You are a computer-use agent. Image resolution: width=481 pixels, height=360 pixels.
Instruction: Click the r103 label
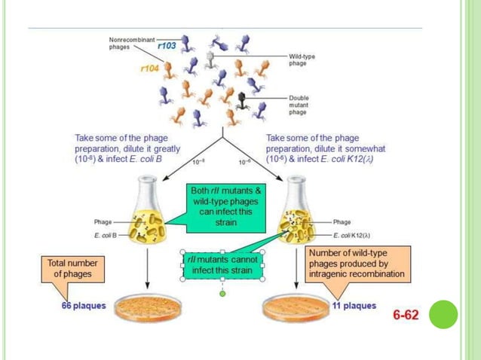tap(167, 46)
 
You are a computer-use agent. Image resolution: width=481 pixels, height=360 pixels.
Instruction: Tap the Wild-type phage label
tap(298, 60)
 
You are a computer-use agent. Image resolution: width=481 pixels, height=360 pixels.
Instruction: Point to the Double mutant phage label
tap(299, 104)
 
